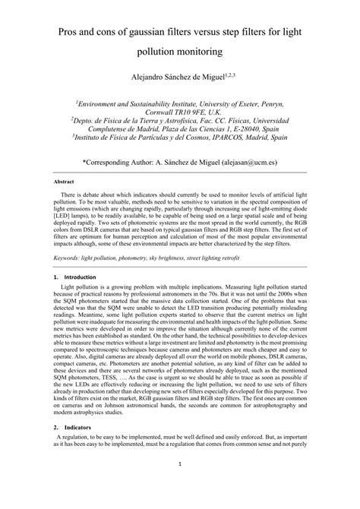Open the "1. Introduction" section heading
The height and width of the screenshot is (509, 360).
pos(72,279)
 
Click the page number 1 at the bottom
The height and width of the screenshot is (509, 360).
pos(180,488)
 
